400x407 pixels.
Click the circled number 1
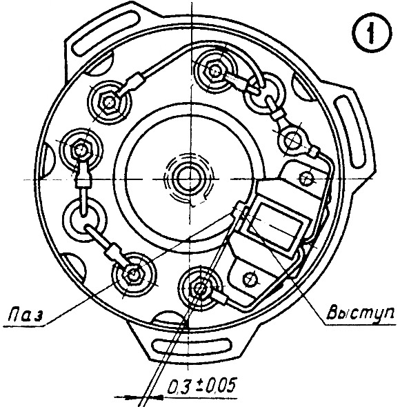coord(372,33)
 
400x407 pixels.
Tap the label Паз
coord(26,314)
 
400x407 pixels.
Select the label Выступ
coord(359,313)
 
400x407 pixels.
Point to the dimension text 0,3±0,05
coord(202,386)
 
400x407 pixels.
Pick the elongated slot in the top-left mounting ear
coord(107,32)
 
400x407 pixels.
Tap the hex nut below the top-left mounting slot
coord(108,102)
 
